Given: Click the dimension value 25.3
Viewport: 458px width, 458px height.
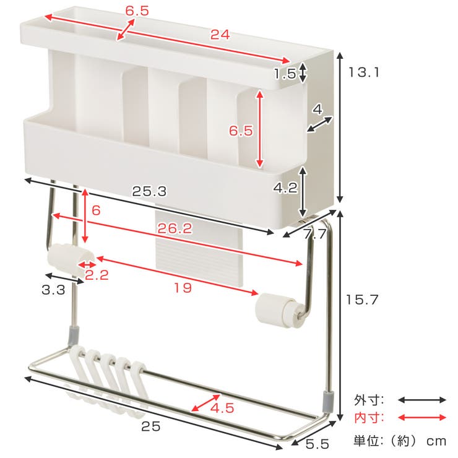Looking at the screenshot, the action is [149, 192].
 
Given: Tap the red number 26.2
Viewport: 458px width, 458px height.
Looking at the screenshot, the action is [175, 228].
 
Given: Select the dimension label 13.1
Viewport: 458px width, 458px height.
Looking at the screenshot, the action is [365, 72].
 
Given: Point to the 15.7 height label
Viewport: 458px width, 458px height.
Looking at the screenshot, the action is [362, 300].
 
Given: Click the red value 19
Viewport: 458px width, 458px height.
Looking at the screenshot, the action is [183, 288].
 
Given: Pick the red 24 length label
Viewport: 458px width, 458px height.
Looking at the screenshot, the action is [220, 35].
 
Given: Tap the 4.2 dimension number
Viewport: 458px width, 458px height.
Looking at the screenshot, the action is [285, 188].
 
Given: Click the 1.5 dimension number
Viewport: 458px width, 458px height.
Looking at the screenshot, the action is [285, 74].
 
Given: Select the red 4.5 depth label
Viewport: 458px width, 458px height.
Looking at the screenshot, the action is [222, 408].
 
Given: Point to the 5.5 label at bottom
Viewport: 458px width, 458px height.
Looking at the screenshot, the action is [318, 444].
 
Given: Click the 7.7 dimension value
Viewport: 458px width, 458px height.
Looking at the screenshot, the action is [314, 234].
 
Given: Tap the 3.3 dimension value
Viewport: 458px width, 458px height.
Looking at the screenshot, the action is [53, 290].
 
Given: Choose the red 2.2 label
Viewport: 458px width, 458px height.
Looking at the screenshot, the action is [97, 275].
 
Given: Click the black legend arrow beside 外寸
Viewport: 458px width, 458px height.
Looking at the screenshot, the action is [422, 400].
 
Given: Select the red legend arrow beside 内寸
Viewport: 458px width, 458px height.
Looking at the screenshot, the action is [422, 418].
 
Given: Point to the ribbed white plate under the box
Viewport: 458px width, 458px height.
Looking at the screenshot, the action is [199, 249].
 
